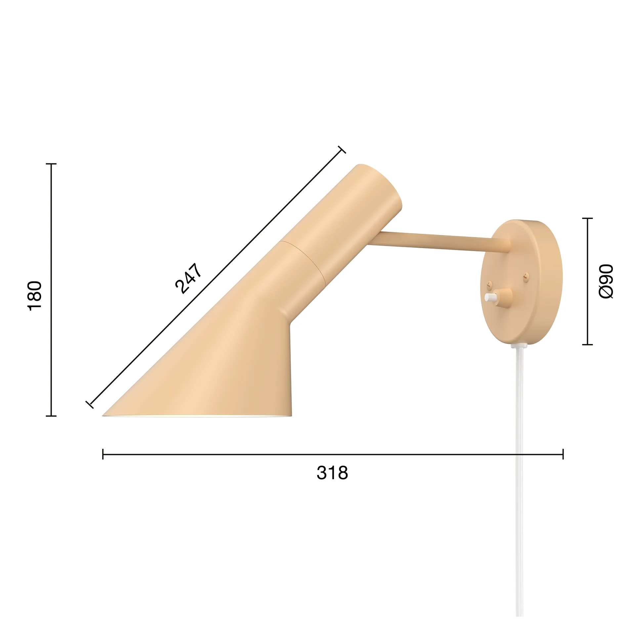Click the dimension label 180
(34, 295)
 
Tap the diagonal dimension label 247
(188, 278)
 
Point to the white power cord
(519, 480)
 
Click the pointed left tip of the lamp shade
(105, 415)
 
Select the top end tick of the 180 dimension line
(51, 164)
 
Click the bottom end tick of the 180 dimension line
(51, 416)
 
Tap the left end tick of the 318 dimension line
(103, 454)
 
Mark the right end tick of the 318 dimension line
(563, 454)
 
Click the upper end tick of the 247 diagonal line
(342, 149)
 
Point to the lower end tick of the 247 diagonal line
(90, 404)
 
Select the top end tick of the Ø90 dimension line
(587, 218)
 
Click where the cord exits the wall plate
(519, 345)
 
